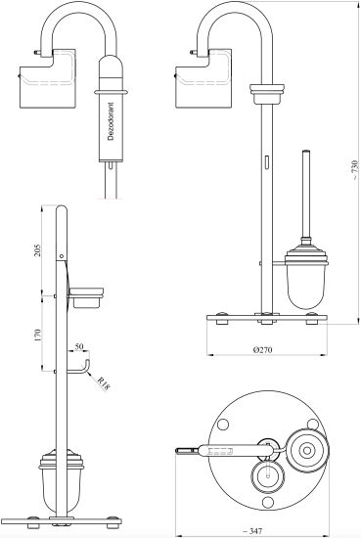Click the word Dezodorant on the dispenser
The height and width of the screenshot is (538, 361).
pos(111,121)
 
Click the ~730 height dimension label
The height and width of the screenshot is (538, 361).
pos(355,170)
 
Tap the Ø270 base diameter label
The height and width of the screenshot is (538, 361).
pos(262,349)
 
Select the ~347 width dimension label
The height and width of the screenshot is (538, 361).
pos(252,531)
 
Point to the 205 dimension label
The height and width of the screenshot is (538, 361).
pos(38,250)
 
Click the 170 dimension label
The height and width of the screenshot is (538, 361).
pos(38,335)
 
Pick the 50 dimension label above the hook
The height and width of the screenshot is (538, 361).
pos(79,346)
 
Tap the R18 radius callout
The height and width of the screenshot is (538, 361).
pos(104,384)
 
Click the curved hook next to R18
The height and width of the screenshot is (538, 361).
pos(86,370)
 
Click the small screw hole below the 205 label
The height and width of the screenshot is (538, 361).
pos(62,256)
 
